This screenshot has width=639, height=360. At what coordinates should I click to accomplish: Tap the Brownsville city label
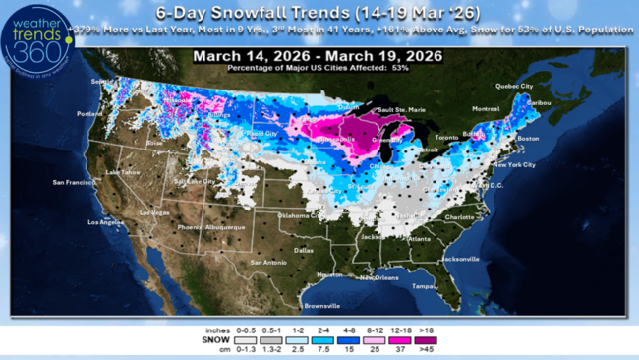click(320, 305)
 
